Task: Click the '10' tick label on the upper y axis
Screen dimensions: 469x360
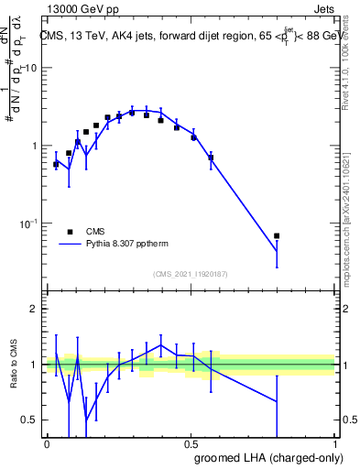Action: [31, 69]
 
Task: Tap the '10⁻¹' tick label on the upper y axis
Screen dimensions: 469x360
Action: [29, 223]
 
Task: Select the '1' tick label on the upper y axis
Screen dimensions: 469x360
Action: [34, 147]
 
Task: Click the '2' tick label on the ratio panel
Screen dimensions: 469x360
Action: [34, 310]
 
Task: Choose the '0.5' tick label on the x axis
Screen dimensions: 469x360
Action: [191, 442]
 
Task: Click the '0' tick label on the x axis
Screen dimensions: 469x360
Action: [47, 442]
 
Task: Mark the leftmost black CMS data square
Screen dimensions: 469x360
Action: [56, 164]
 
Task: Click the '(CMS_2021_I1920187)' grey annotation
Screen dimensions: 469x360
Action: [190, 274]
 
